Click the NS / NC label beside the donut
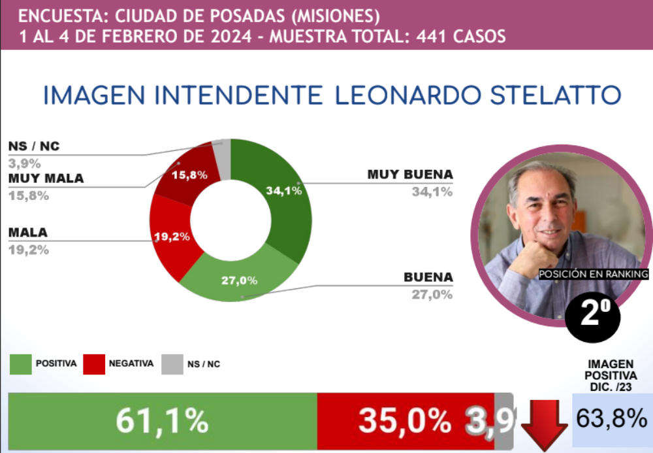pyautogui.click(x=33, y=146)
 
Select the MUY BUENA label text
pyautogui.click(x=410, y=175)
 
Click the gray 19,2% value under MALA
pyautogui.click(x=28, y=249)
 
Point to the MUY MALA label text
pyautogui.click(x=46, y=178)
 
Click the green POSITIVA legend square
pyautogui.click(x=20, y=364)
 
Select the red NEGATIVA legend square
pyautogui.click(x=94, y=364)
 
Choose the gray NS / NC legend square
pyautogui.click(x=172, y=364)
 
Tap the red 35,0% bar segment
pyautogui.click(x=405, y=421)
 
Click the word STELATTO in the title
pyautogui.click(x=555, y=95)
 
